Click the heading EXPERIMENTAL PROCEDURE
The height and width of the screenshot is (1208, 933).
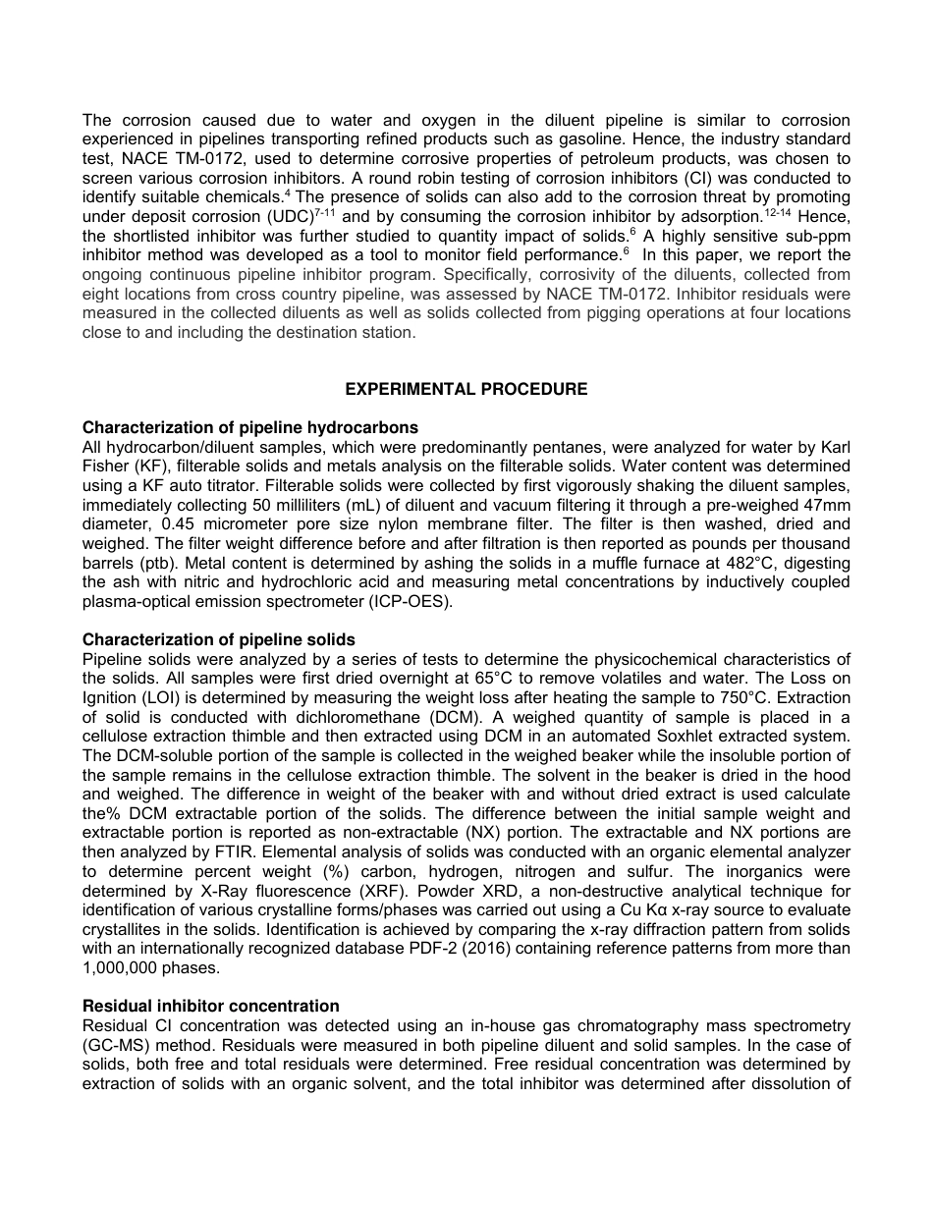[466, 389]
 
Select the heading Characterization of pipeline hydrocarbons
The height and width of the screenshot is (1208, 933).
[249, 427]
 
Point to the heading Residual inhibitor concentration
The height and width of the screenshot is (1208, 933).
[210, 1006]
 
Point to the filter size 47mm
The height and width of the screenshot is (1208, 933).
[830, 505]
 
